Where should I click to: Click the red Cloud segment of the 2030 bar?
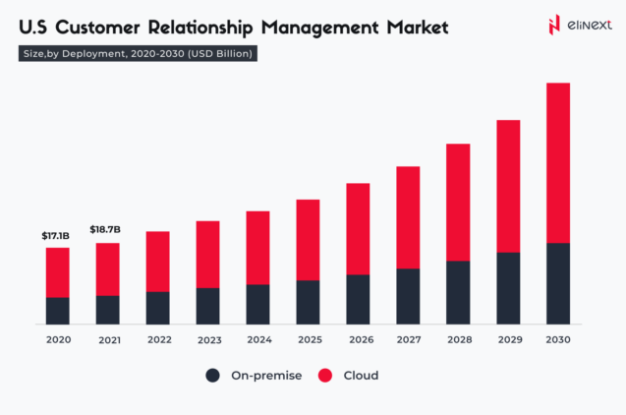tap(558, 162)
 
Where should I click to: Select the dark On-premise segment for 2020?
tap(58, 311)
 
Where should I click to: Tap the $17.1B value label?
tap(55, 236)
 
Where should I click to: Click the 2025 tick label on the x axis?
tap(309, 340)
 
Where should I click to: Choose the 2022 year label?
tap(158, 340)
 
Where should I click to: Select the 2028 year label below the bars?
tap(458, 340)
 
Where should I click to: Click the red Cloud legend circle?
tap(324, 376)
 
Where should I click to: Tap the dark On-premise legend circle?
tap(212, 376)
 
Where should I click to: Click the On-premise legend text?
tap(262, 376)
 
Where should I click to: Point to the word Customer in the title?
tap(97, 27)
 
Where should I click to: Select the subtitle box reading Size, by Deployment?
tap(139, 54)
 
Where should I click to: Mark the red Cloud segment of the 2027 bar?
tap(408, 217)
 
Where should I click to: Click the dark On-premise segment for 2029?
tap(508, 288)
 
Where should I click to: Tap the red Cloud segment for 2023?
tap(208, 254)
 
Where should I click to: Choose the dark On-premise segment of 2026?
tap(358, 299)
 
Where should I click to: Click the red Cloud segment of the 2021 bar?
tap(108, 268)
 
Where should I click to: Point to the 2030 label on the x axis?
tap(558, 340)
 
